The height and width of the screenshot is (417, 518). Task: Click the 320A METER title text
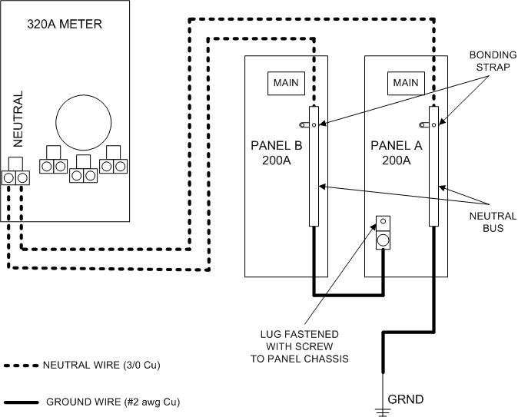click(65, 24)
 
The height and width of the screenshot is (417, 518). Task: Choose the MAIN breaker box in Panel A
click(405, 83)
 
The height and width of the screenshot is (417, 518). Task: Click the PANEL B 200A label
click(276, 153)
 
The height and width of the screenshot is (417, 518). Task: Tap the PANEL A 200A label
click(396, 153)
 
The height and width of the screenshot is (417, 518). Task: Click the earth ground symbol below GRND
click(382, 411)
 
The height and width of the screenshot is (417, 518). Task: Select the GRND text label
click(405, 399)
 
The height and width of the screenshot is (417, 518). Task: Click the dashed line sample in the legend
click(20, 365)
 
